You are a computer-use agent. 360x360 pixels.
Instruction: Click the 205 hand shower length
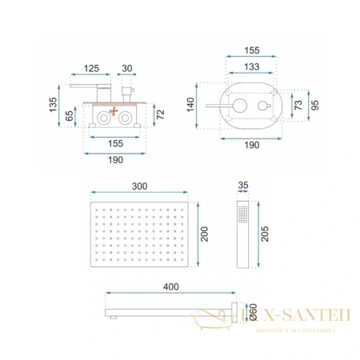coord(265,232)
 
